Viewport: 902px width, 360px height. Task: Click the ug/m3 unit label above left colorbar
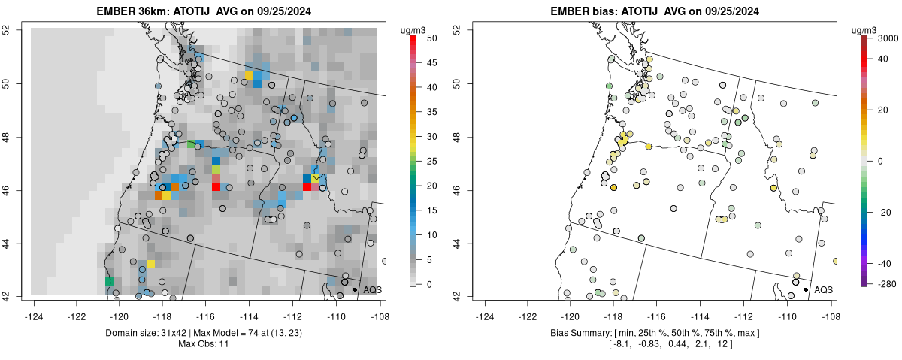coord(414,30)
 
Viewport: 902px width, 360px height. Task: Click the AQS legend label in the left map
coord(372,289)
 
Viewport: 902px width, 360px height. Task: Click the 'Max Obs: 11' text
coord(203,344)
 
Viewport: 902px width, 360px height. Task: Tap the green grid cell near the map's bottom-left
coord(109,281)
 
